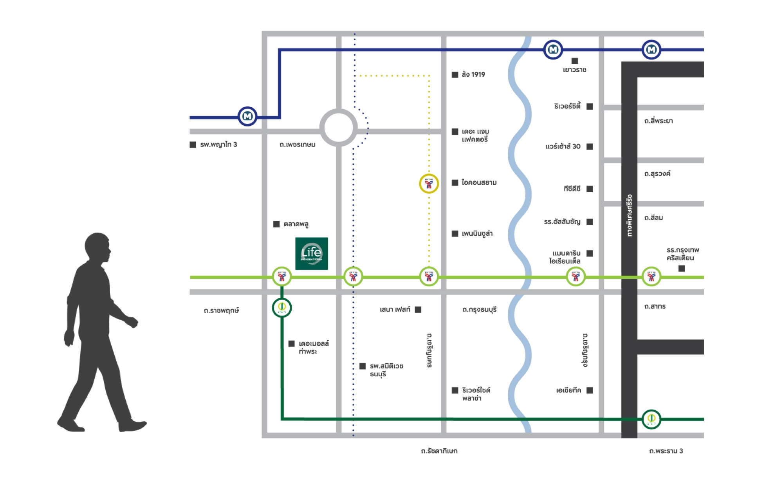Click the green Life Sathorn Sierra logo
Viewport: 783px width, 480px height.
click(x=311, y=253)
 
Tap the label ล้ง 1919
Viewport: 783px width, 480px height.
click(x=473, y=74)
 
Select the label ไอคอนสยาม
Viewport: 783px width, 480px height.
click(x=479, y=182)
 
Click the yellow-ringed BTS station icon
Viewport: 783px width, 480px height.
click(x=429, y=184)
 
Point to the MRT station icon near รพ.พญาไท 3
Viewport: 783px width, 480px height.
click(x=247, y=116)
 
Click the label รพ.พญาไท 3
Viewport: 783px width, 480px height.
click(x=218, y=144)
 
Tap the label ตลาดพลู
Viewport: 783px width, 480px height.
click(x=296, y=224)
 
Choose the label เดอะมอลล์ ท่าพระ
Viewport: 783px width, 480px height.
click(x=313, y=347)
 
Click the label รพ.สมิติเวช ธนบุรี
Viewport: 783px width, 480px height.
click(x=386, y=370)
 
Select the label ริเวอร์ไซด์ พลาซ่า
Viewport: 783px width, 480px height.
click(x=476, y=394)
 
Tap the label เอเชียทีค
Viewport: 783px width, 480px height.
click(x=568, y=390)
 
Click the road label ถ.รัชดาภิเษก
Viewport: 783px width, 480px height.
click(x=439, y=451)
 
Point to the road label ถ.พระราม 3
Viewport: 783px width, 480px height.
click(x=666, y=451)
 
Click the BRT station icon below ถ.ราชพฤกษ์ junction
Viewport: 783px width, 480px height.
click(x=281, y=307)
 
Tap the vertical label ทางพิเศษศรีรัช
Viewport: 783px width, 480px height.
click(x=629, y=215)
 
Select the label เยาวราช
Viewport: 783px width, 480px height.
click(x=574, y=70)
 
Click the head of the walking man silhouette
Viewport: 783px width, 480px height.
click(x=97, y=247)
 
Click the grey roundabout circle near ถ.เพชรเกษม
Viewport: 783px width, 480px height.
click(x=339, y=128)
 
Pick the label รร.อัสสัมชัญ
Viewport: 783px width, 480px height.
click(x=562, y=222)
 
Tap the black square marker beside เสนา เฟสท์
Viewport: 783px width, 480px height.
click(x=418, y=310)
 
